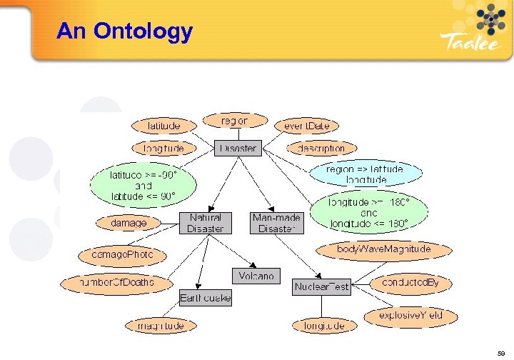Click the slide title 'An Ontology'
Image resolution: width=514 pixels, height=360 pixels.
click(x=124, y=31)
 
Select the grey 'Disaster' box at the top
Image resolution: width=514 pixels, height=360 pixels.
click(x=238, y=149)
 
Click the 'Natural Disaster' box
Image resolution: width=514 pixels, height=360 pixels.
click(x=206, y=223)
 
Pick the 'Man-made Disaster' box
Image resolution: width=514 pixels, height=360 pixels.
click(x=277, y=223)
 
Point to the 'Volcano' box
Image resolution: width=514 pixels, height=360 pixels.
click(x=256, y=276)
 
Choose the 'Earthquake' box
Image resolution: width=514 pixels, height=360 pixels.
click(x=205, y=298)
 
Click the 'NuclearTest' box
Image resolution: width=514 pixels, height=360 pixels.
click(x=322, y=287)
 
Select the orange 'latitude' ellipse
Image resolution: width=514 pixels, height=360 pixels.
click(x=163, y=125)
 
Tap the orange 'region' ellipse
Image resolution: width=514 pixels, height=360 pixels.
click(x=235, y=121)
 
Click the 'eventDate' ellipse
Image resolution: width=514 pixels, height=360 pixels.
click(x=306, y=126)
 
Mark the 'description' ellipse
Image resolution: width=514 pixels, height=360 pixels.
click(x=321, y=149)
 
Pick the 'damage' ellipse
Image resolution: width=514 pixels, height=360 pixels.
click(x=129, y=223)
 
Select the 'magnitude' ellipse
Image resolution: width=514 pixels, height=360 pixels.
click(x=155, y=326)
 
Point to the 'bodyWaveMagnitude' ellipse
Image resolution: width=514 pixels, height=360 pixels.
click(x=384, y=249)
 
